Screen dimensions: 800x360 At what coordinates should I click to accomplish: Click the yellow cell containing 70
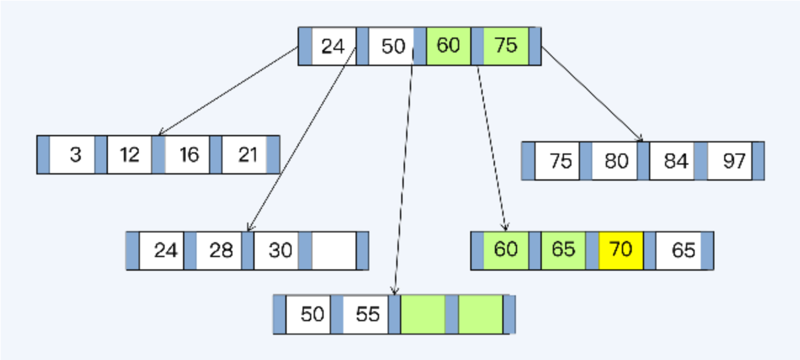(621, 250)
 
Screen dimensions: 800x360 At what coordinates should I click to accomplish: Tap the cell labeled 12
(129, 155)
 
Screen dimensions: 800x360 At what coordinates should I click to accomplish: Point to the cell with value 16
(187, 155)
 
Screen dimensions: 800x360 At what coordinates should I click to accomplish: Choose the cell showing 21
(244, 155)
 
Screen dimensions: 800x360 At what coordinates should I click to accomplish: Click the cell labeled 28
(219, 250)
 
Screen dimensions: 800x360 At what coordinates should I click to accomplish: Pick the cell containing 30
(276, 250)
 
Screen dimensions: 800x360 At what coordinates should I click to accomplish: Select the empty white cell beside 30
(334, 250)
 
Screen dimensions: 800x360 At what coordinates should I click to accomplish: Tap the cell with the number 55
(365, 314)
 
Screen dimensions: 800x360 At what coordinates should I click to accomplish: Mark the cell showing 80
(614, 161)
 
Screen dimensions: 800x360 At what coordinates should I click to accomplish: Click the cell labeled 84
(672, 161)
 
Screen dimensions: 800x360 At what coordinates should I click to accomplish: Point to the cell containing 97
(730, 161)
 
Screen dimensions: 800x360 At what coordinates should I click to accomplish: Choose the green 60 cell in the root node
(449, 46)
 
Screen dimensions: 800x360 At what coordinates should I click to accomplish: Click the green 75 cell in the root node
(506, 46)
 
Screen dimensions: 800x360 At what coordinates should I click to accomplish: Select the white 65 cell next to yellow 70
(679, 250)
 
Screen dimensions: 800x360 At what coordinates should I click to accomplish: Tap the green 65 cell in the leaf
(563, 250)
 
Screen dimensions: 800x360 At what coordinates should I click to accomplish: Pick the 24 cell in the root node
(334, 46)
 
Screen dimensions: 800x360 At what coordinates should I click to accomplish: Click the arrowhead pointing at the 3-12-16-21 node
(159, 134)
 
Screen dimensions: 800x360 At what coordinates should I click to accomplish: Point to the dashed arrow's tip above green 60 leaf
(505, 230)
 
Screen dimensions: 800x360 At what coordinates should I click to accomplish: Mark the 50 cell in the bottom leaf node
(308, 314)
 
